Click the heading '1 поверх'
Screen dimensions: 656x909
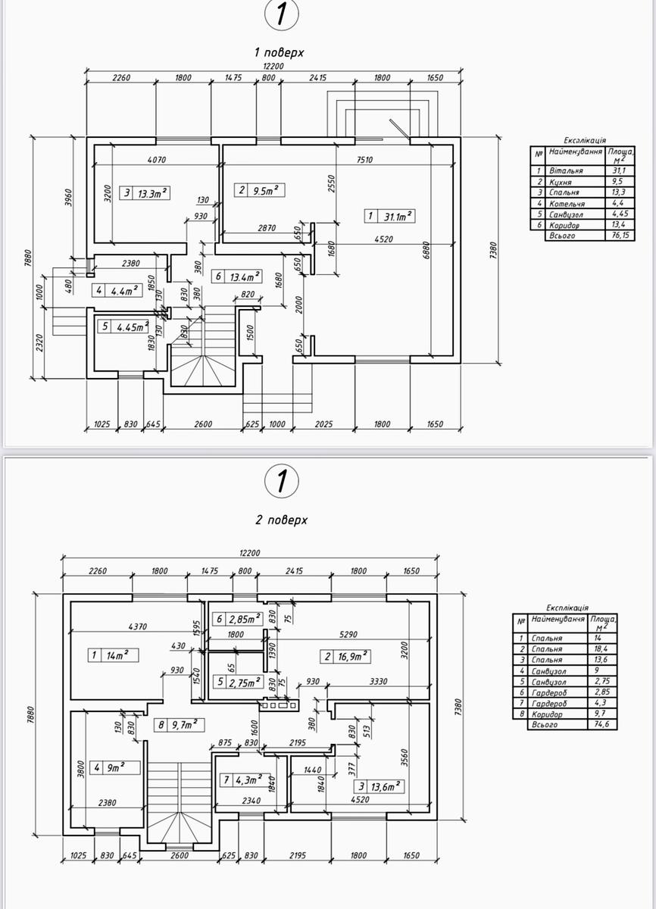point(279,53)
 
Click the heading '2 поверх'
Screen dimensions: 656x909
point(282,520)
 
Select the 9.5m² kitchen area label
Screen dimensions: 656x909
point(266,190)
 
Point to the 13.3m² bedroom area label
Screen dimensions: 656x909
point(153,193)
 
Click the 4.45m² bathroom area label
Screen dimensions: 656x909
point(133,326)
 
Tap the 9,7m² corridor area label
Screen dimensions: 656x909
point(186,724)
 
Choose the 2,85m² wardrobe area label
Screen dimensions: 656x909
point(245,619)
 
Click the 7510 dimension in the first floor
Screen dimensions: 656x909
point(364,160)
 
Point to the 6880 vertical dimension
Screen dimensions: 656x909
point(426,251)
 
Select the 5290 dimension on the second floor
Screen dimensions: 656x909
point(348,634)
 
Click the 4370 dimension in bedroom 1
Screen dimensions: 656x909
point(138,626)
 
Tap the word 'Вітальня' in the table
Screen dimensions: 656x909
point(566,171)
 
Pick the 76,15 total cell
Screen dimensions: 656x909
point(620,236)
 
